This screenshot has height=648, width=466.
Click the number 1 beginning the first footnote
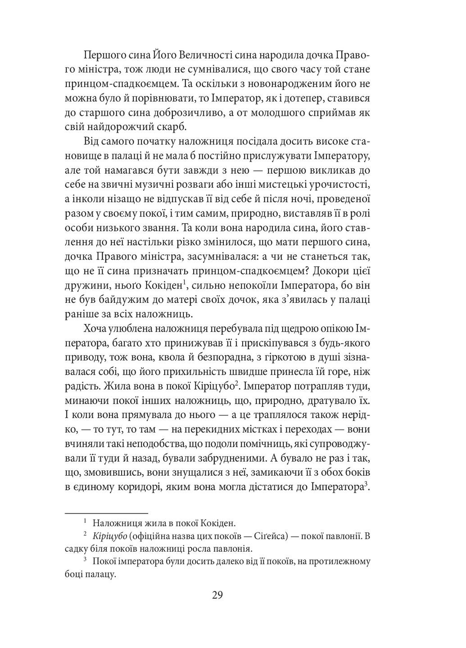pos(85,522)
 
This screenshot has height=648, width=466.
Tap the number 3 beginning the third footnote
pos(85,560)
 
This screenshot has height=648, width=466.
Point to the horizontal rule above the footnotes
pos(106,513)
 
